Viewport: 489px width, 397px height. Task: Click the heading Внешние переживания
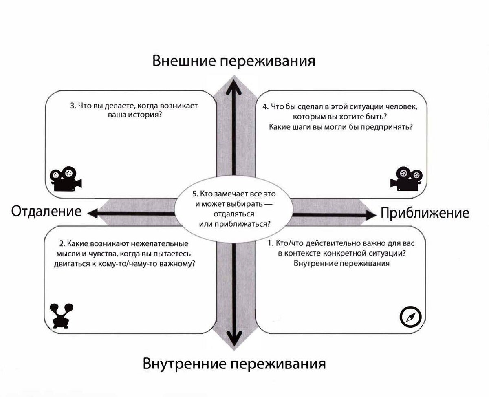[x=234, y=61]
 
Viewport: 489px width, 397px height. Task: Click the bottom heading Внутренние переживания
[x=234, y=364]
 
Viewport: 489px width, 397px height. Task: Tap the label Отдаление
[x=46, y=211]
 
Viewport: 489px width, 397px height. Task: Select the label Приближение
[x=425, y=213]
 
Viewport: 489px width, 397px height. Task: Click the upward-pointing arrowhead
[x=234, y=87]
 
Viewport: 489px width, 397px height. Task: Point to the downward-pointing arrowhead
[x=234, y=338]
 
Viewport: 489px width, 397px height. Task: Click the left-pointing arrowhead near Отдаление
[x=93, y=214]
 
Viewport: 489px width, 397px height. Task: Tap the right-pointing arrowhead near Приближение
[x=371, y=215]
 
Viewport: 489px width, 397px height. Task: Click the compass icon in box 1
[x=411, y=317]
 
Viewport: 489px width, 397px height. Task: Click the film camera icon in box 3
[x=66, y=179]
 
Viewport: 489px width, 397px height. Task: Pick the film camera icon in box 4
[x=406, y=179]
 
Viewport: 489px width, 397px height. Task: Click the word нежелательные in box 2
[x=160, y=243]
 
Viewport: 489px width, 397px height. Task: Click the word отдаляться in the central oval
[x=234, y=214]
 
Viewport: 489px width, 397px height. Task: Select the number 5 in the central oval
[x=195, y=194]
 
